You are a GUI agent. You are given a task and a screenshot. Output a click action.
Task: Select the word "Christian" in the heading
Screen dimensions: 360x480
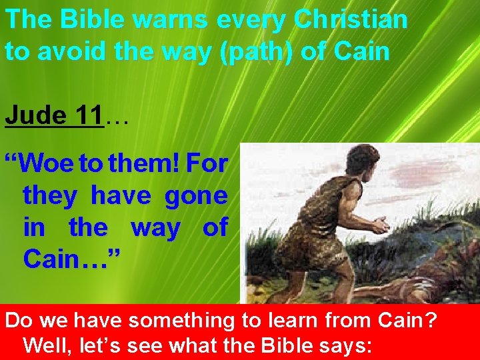click(x=351, y=20)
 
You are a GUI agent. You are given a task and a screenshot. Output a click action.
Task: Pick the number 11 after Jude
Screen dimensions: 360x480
click(x=88, y=115)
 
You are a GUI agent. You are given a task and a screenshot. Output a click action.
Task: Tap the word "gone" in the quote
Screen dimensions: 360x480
click(x=196, y=196)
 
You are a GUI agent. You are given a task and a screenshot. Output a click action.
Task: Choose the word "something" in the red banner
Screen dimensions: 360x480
click(x=179, y=321)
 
